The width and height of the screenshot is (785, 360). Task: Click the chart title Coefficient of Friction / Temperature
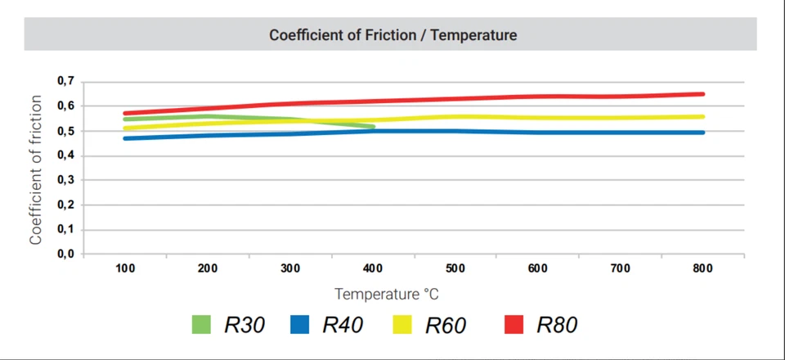(392, 35)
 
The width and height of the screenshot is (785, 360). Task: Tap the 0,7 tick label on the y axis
(65, 81)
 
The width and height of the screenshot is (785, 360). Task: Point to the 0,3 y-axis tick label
(65, 180)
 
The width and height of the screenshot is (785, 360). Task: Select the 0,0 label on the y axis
(65, 254)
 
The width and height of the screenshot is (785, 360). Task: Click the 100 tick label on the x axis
(125, 268)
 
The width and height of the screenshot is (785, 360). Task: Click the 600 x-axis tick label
(537, 268)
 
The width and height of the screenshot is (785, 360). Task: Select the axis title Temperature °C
(392, 294)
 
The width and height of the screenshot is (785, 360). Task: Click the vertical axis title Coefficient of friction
(36, 169)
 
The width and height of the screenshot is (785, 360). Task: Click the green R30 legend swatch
(201, 325)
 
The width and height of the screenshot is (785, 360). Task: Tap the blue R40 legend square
(300, 325)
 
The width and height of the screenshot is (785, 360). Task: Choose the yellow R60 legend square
(401, 325)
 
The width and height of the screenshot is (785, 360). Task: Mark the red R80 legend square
(514, 325)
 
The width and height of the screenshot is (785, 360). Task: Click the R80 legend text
(557, 325)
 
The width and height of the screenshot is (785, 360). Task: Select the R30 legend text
(244, 325)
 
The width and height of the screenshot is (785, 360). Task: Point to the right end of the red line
(702, 94)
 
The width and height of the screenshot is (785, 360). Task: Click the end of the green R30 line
(373, 127)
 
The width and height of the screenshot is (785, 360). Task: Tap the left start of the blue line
(124, 138)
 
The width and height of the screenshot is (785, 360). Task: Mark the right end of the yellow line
(702, 116)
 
